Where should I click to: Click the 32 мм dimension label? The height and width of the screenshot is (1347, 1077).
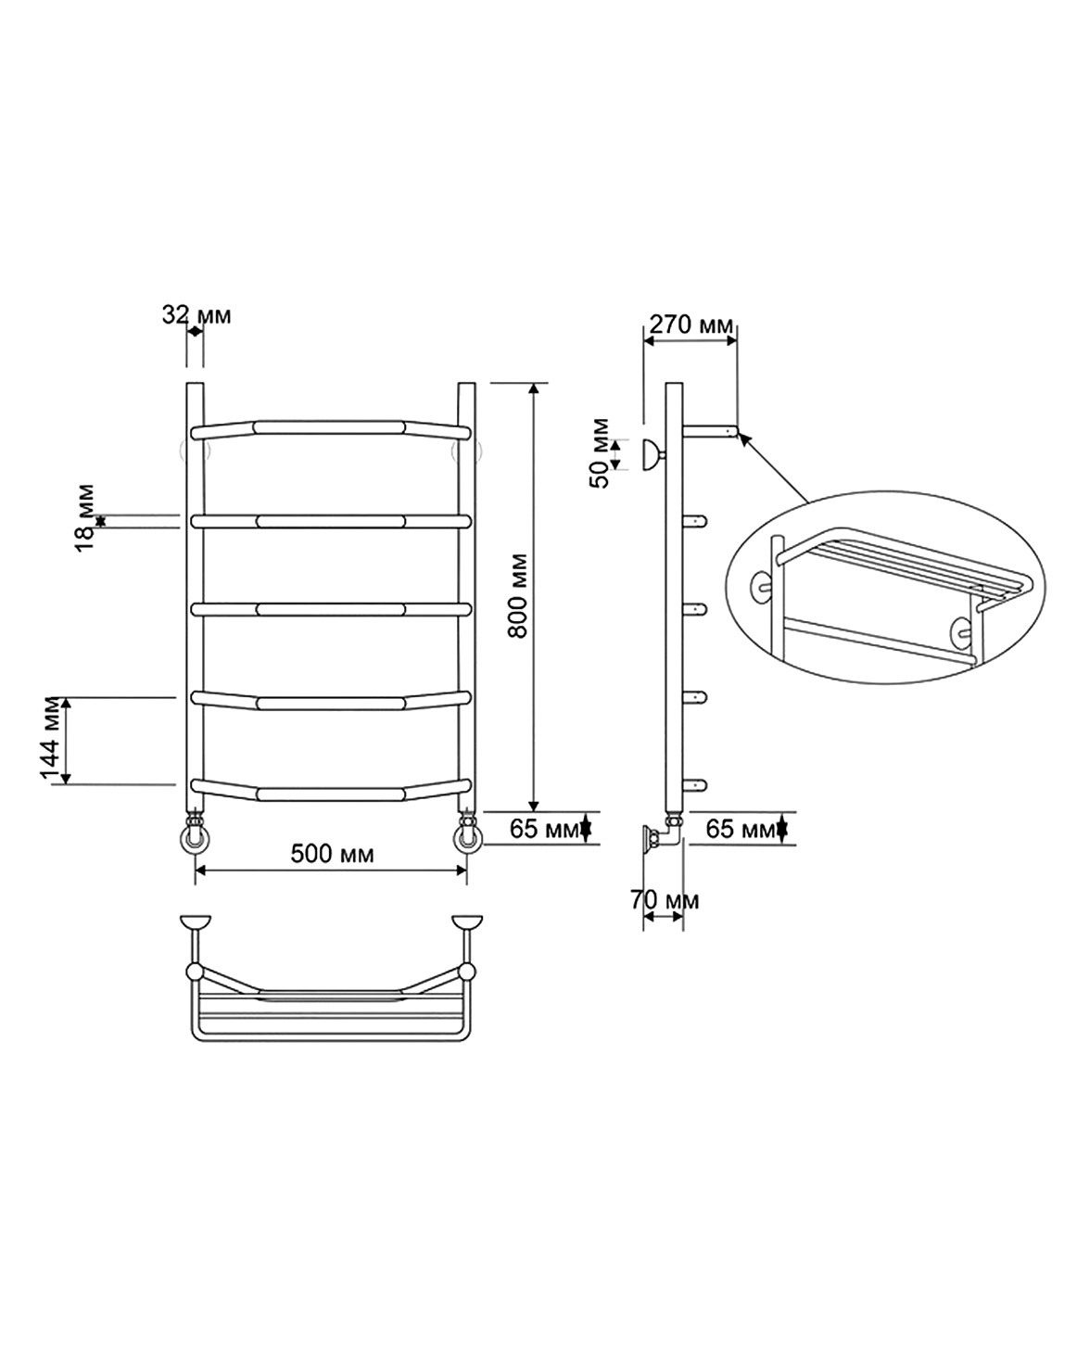click(x=196, y=315)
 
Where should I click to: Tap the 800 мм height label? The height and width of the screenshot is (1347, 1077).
click(x=518, y=595)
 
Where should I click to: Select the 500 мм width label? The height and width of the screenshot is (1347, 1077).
click(x=333, y=854)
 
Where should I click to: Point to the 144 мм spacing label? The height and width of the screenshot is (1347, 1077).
click(x=51, y=739)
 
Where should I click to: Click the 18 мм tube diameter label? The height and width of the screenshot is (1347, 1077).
click(x=85, y=517)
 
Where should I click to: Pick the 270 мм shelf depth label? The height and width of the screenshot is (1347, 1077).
click(x=691, y=324)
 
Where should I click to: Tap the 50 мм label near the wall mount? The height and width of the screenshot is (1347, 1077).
click(x=600, y=452)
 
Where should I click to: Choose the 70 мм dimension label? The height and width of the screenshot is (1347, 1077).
click(x=665, y=900)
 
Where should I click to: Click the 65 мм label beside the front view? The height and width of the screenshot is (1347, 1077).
click(x=544, y=830)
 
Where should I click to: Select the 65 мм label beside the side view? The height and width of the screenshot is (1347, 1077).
click(x=741, y=830)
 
